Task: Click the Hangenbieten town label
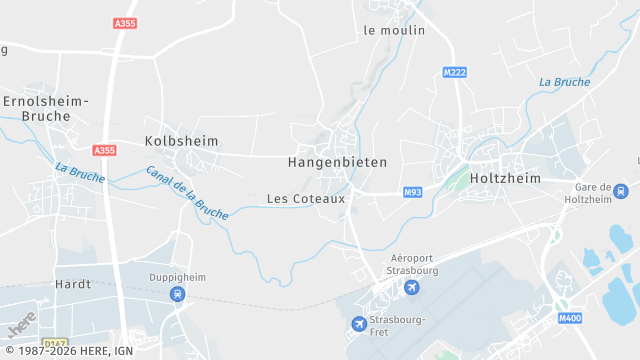[337, 161]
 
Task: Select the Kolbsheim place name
[181, 141]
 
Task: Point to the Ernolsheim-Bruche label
[46, 108]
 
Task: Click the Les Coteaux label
[306, 199]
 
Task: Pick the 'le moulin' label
[394, 30]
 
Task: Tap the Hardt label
[73, 284]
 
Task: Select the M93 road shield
[412, 192]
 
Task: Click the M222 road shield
[455, 72]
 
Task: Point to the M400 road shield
[570, 318]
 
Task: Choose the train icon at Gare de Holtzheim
[621, 191]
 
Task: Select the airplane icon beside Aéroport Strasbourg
[411, 288]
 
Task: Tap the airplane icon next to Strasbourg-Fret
[359, 323]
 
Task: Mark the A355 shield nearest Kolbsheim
[104, 150]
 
